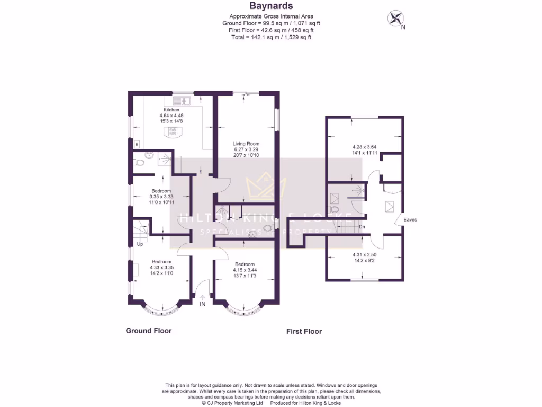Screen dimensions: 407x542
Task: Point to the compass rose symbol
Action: point(395,19)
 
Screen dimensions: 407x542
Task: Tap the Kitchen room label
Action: point(171,110)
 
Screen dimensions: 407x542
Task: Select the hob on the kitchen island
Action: point(173,132)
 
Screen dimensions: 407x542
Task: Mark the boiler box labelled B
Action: point(137,144)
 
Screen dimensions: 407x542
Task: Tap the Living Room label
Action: point(247,144)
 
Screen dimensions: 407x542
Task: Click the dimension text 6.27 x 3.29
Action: point(247,149)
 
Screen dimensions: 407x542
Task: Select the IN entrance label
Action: point(202,304)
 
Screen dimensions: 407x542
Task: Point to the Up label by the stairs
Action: point(140,244)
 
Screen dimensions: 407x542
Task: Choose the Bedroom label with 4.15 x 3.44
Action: point(245,264)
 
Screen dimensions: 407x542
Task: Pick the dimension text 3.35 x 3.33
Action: point(161,197)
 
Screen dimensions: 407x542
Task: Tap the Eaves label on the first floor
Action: point(410,219)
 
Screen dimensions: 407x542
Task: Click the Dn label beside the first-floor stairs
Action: point(362,227)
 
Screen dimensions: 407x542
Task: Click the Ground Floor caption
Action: point(148,331)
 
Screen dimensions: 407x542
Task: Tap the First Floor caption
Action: point(304,331)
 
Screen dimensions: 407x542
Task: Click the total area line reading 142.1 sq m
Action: point(271,37)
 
